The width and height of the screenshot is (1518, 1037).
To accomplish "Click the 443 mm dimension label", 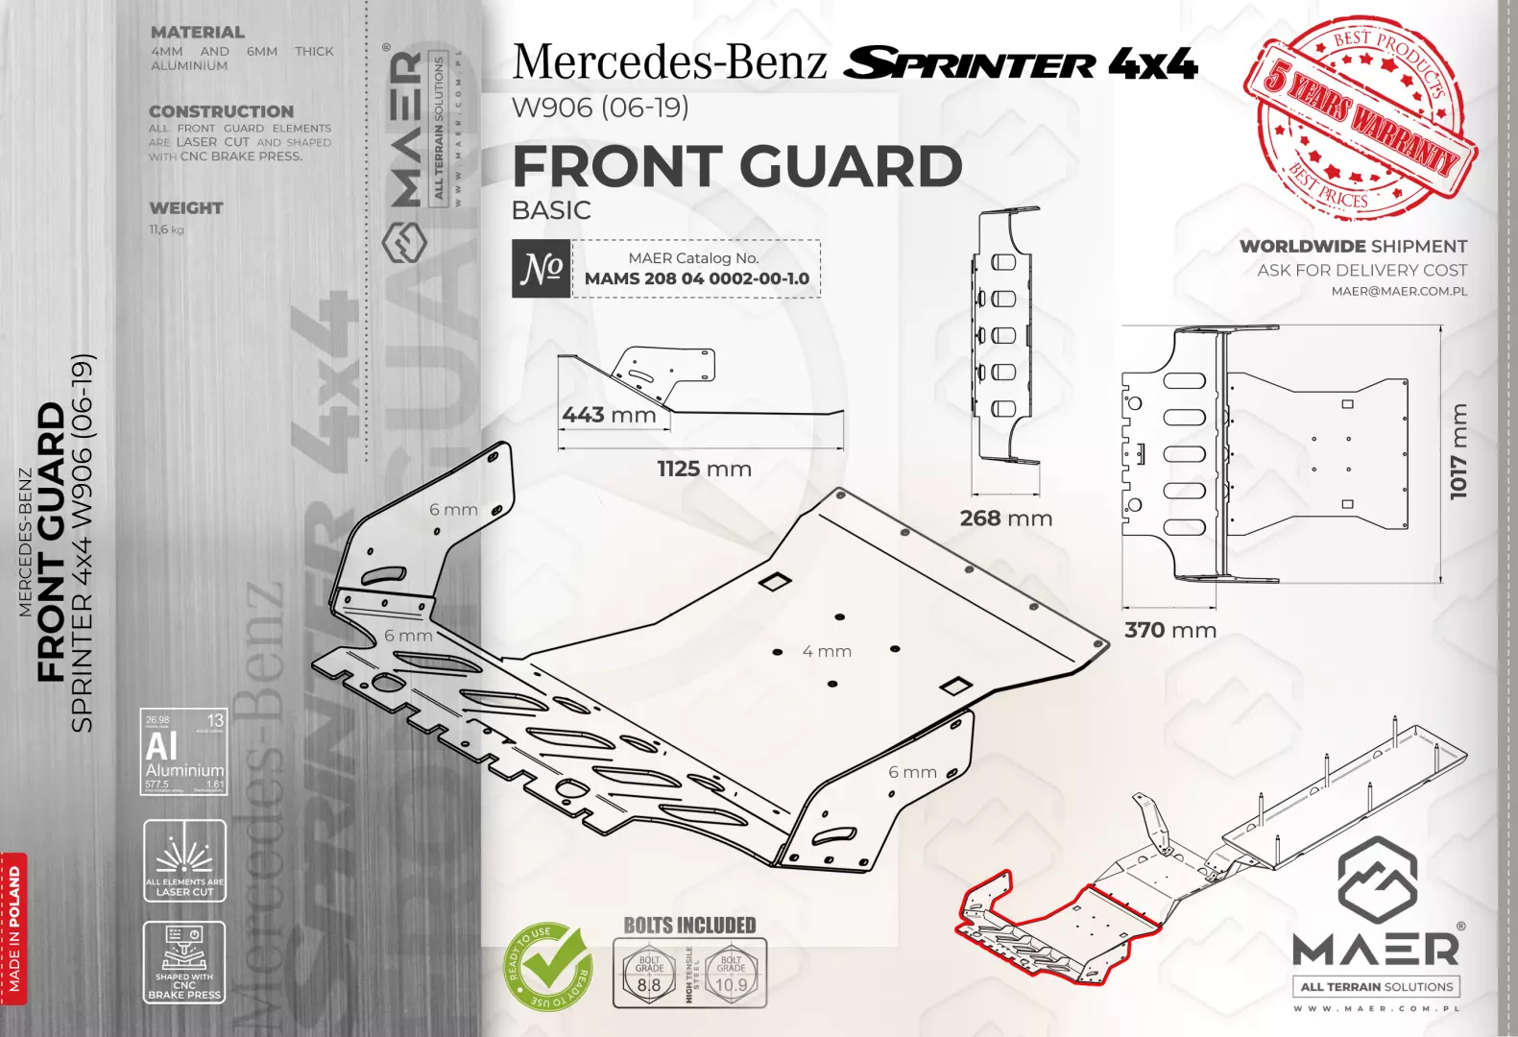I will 609,415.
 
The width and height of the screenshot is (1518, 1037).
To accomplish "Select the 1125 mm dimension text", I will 704,469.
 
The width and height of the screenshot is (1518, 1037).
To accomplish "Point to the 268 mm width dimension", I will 1005,518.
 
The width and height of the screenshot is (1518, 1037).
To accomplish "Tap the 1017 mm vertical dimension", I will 1458,451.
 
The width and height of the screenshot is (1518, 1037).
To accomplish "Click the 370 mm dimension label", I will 1169,630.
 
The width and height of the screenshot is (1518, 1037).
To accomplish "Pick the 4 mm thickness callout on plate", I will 827,651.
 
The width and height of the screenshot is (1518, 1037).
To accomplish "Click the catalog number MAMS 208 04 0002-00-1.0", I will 696,278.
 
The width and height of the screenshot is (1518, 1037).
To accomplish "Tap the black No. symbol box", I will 541,268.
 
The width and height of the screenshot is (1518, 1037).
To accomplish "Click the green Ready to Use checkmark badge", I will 548,966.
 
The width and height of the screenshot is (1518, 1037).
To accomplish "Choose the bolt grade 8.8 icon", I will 649,973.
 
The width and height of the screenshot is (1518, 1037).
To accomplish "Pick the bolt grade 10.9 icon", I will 731,973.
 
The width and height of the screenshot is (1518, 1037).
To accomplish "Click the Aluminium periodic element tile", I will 184,752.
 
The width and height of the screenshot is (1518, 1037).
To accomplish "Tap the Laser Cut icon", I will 184,860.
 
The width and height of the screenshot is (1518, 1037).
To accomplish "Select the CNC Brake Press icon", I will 184,962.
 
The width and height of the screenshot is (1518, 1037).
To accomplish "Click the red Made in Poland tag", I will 13,928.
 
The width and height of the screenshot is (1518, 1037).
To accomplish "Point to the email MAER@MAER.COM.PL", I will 1398,291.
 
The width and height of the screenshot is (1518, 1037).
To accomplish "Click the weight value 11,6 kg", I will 166,229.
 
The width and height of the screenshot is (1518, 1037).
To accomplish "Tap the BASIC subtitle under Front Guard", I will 551,210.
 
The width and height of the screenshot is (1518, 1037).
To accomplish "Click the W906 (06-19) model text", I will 600,108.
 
